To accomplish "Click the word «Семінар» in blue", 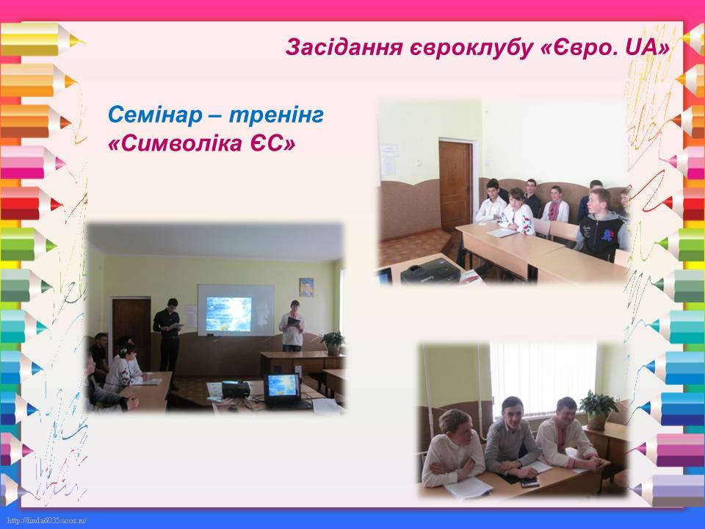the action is click(x=155, y=115).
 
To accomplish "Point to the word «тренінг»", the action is click(x=277, y=115).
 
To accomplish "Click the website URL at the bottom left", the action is click(x=47, y=521).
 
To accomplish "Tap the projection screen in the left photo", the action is click(x=236, y=310).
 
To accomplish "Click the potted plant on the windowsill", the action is click(x=598, y=409).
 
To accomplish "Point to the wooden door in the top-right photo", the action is click(x=455, y=186).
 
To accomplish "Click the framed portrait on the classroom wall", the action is click(x=306, y=287).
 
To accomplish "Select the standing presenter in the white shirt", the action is click(x=292, y=325).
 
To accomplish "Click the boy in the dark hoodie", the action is click(x=601, y=225).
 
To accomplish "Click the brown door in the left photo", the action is click(x=131, y=328).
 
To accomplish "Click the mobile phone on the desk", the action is click(x=529, y=483).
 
